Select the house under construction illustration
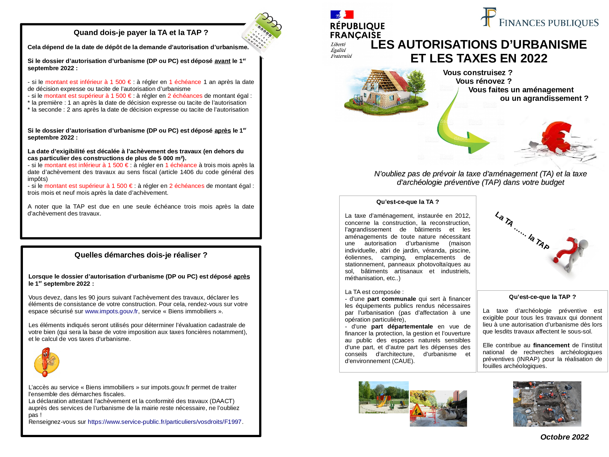pos(385,91)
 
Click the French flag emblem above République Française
pos(342,14)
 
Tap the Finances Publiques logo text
pos(549,23)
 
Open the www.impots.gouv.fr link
pos(111,311)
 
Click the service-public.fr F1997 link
pos(165,422)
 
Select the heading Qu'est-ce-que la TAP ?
pos(542,297)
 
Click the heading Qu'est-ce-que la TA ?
pos(407,202)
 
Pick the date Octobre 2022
pos(564,437)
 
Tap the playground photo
pos(383,397)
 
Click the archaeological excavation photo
pos(547,404)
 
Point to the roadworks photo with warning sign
pos(438,408)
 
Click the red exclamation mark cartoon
pos(46,362)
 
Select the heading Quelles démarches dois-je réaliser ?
pos(141,255)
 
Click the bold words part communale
pos(391,299)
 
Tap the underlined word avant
pos(222,61)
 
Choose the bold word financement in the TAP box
pos(551,345)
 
